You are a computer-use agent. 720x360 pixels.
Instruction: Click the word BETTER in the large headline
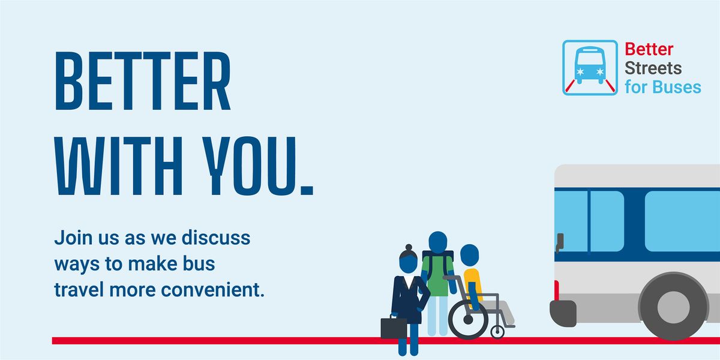point(143,82)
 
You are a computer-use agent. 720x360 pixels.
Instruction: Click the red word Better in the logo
point(649,49)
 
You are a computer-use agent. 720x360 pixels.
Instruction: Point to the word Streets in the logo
point(653,68)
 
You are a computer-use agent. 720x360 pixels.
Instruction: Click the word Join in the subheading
point(69,239)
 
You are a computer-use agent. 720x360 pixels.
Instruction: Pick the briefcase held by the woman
point(394,327)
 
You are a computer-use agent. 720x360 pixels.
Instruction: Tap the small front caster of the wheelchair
point(497,331)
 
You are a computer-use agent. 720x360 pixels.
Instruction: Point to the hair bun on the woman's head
point(408,247)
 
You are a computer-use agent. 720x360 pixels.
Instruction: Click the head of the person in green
point(438,241)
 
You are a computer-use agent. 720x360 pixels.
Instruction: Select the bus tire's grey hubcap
point(673,308)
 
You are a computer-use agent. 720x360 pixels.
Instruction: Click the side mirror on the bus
point(559,242)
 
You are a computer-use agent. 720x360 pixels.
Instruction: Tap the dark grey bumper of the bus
point(563,313)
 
